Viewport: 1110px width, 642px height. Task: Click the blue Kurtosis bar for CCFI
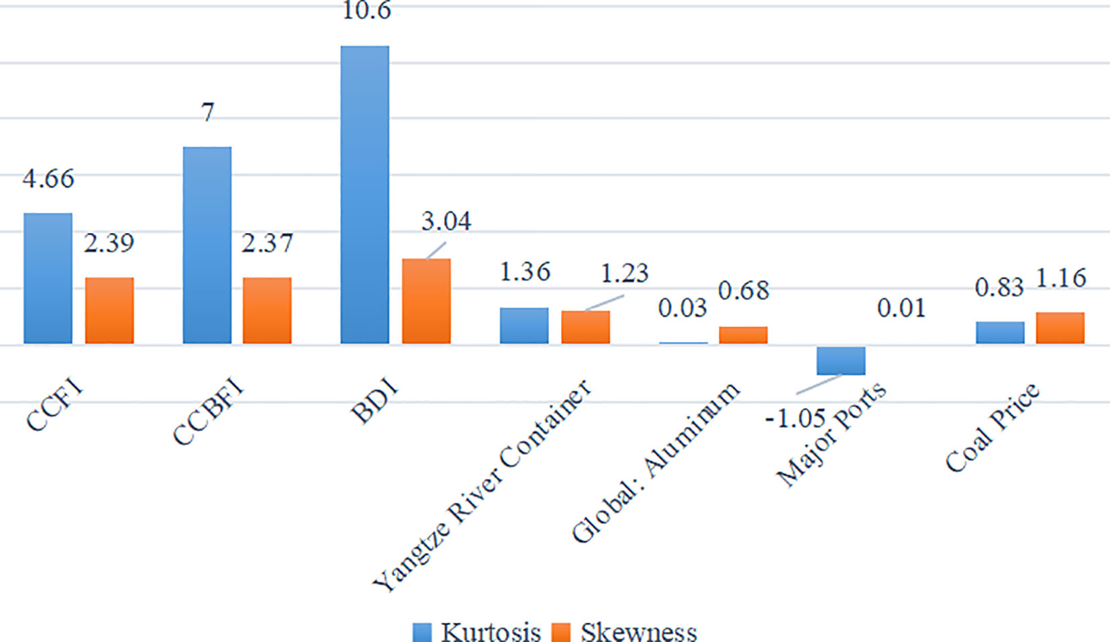(x=48, y=278)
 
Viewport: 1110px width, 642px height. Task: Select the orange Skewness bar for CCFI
(x=109, y=310)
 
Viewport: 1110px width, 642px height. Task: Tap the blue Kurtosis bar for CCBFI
(x=207, y=245)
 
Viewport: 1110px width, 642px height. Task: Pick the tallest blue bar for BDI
(x=364, y=195)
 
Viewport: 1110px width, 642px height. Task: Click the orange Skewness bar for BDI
(x=426, y=301)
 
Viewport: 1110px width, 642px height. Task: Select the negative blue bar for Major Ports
(x=840, y=361)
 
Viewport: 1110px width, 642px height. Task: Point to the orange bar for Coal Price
(x=1060, y=328)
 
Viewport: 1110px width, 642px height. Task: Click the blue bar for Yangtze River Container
(x=523, y=326)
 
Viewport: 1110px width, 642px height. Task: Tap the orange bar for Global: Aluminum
(x=743, y=335)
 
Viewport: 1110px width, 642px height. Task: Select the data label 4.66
(x=48, y=179)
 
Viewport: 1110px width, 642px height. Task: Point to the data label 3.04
(x=446, y=221)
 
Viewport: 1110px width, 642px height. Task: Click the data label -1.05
(x=795, y=418)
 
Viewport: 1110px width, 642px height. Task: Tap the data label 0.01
(x=901, y=308)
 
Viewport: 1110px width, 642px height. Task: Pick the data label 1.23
(x=623, y=273)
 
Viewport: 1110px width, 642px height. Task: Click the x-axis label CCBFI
(x=208, y=412)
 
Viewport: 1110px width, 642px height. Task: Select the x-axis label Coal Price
(x=992, y=428)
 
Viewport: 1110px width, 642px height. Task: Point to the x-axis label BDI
(x=374, y=401)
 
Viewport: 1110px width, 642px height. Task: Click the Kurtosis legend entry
(x=476, y=631)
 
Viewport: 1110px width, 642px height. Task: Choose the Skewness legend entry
(x=624, y=631)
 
